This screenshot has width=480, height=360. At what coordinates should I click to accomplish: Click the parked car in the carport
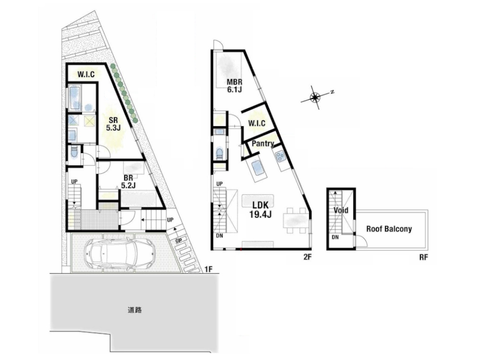(120, 252)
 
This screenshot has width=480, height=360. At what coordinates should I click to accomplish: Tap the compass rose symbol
(315, 97)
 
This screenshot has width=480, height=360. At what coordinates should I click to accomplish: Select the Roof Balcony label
(389, 229)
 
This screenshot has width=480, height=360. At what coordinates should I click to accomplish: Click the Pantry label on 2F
(263, 144)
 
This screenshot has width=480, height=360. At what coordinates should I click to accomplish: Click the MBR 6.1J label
(235, 86)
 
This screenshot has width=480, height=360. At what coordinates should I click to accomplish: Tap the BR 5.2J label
(128, 181)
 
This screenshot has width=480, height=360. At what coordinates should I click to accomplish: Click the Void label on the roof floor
(341, 210)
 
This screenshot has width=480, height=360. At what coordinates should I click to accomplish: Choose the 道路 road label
(135, 310)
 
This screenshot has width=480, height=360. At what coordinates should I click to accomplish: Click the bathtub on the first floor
(75, 98)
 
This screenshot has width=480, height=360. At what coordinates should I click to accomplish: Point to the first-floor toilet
(73, 152)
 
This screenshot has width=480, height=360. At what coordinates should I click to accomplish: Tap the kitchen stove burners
(280, 157)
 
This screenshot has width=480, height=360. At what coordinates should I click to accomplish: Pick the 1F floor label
(208, 269)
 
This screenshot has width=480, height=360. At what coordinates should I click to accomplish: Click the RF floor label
(423, 257)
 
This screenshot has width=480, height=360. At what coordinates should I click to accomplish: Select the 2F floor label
(307, 257)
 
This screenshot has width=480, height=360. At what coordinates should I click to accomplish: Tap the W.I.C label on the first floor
(86, 74)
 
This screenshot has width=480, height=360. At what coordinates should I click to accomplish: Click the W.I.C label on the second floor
(256, 123)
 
